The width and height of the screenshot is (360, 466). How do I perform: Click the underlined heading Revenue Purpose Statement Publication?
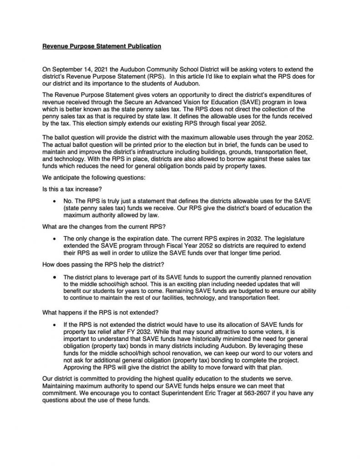pos(101,46)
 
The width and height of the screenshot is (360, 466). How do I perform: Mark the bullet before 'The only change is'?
pos(55,238)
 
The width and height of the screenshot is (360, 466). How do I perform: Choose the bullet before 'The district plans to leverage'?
pos(55,276)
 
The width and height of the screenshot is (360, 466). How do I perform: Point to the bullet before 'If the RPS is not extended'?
pos(55,324)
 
